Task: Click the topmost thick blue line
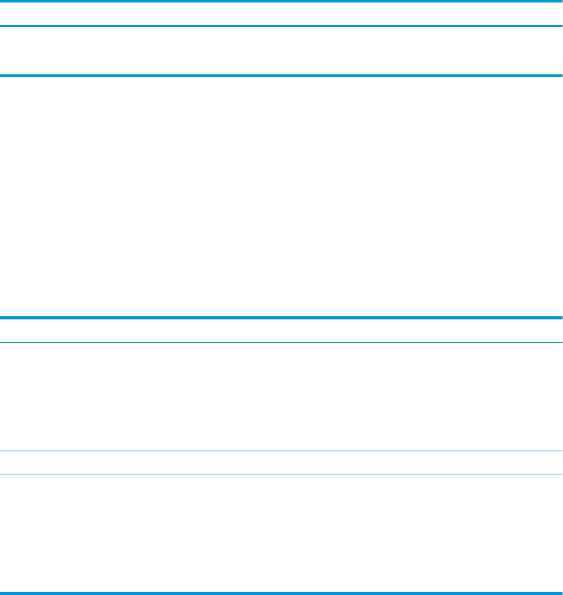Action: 281,2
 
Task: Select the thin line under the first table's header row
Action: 281,26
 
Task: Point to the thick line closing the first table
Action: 281,76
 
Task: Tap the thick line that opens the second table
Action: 281,317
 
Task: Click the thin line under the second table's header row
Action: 281,342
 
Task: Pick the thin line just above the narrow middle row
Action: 281,451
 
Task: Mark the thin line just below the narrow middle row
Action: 281,474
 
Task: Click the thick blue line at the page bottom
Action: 281,592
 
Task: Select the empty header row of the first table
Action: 281,14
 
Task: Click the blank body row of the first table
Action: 281,51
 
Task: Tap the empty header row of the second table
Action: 281,330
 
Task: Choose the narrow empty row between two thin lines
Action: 281,462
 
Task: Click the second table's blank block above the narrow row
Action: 281,397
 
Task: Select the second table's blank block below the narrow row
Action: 281,532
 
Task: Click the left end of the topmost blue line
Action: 3,2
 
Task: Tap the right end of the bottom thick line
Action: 560,592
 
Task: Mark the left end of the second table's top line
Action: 3,317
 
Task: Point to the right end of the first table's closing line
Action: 560,76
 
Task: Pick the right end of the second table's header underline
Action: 560,342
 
